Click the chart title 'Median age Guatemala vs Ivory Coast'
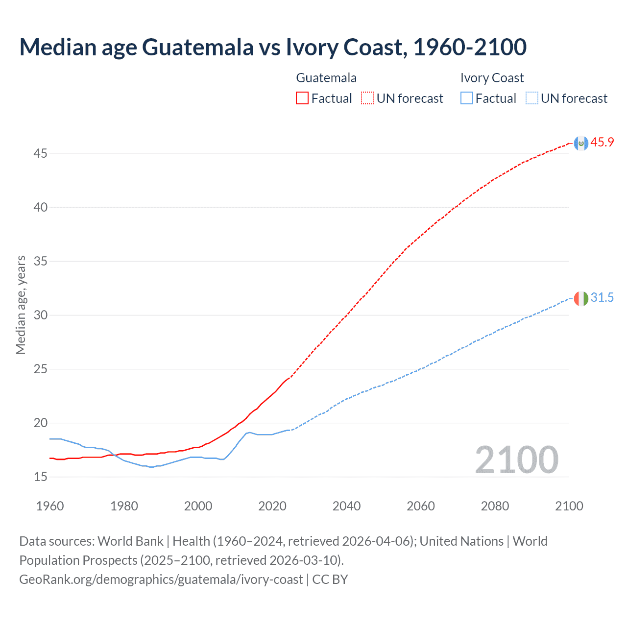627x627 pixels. (x=272, y=47)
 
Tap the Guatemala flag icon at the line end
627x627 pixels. (x=581, y=143)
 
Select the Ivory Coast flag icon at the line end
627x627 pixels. (x=581, y=298)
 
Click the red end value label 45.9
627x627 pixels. (x=602, y=143)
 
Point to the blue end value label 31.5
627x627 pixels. (x=602, y=298)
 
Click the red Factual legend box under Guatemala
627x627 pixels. (x=302, y=98)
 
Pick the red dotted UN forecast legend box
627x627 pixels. (x=367, y=98)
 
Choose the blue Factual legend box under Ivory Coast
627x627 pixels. (x=466, y=98)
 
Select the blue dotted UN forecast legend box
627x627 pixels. (x=531, y=98)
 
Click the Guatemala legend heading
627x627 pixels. (x=326, y=78)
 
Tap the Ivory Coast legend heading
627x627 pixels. (x=492, y=78)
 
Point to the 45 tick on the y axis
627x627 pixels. (x=41, y=154)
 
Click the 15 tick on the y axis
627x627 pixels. (x=41, y=477)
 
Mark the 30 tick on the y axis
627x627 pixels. (x=41, y=315)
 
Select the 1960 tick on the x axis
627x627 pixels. (x=50, y=506)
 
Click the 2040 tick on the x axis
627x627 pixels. (x=346, y=506)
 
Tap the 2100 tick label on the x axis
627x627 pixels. (x=569, y=506)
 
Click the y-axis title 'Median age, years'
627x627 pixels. (x=21, y=305)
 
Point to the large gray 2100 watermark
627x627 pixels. (x=516, y=460)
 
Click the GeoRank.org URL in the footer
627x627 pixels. (x=161, y=579)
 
